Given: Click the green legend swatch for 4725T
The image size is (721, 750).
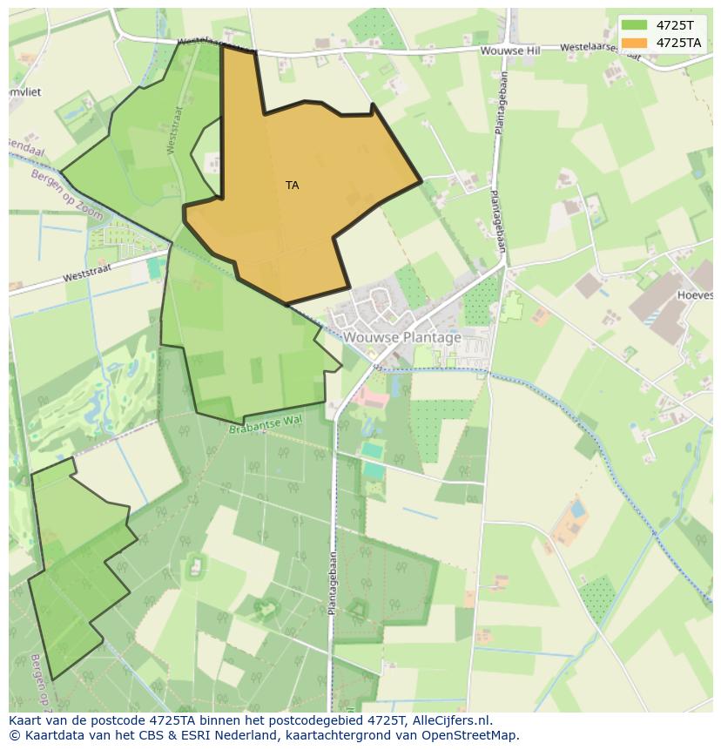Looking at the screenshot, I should pos(635,24).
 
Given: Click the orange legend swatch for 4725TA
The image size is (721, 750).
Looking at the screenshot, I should pos(635,42).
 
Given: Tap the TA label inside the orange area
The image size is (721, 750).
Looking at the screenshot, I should pos(292,186).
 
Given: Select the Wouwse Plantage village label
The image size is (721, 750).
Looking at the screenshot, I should pos(401,337).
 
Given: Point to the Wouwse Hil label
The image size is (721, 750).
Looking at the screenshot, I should pos(509,51).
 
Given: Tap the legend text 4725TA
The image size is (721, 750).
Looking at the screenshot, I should pos(677,42).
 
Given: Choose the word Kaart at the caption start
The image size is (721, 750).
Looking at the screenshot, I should pos(27,720).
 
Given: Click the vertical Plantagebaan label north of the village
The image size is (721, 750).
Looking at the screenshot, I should pos(497,220).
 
